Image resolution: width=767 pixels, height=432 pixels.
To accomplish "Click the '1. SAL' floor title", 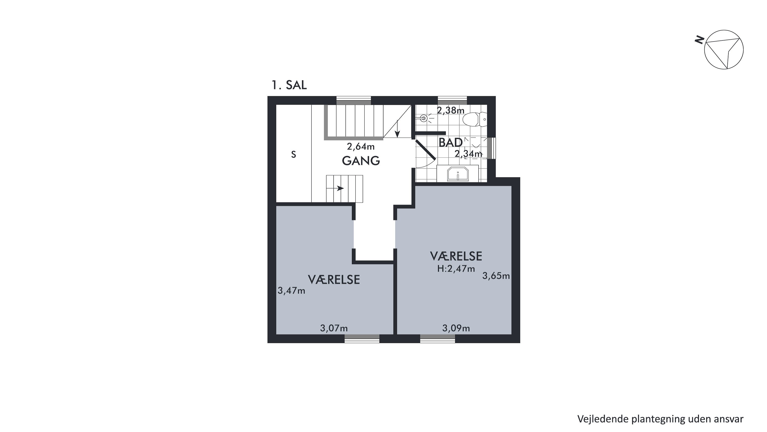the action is pyautogui.click(x=289, y=85).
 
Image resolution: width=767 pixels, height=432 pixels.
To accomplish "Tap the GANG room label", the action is pyautogui.click(x=361, y=161).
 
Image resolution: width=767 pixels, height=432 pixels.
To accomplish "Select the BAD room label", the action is pyautogui.click(x=450, y=143).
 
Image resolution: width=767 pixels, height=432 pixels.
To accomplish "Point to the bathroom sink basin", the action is pyautogui.click(x=458, y=174).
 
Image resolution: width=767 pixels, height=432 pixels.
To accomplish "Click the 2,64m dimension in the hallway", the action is pyautogui.click(x=360, y=147).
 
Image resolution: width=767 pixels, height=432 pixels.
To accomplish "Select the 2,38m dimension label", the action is pyautogui.click(x=450, y=111).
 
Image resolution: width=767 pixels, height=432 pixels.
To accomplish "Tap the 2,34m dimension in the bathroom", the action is pyautogui.click(x=468, y=154).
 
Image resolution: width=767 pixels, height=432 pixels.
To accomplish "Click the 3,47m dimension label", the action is pyautogui.click(x=291, y=291).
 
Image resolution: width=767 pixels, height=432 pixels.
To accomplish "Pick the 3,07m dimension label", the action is pyautogui.click(x=334, y=328).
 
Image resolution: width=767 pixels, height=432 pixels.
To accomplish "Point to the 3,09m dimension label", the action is pyautogui.click(x=456, y=328).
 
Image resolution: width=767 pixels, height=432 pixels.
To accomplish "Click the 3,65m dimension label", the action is pyautogui.click(x=496, y=276).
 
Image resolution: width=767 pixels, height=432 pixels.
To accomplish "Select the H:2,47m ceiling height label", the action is pyautogui.click(x=456, y=269).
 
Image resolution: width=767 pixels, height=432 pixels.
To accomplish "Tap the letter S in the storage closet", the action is pyautogui.click(x=294, y=154).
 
